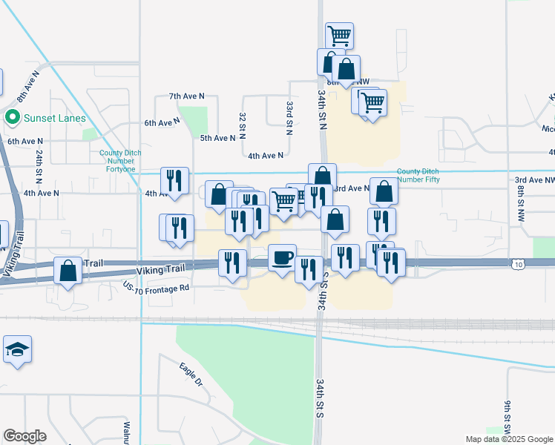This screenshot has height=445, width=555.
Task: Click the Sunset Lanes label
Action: point(55,118)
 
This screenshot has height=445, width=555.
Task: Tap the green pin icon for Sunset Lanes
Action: point(12,118)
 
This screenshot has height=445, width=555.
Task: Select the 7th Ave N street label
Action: point(186,96)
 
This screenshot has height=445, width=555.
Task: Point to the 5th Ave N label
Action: point(217,138)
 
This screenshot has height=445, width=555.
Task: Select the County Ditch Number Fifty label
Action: point(424,175)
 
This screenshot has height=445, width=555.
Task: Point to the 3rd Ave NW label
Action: point(534,180)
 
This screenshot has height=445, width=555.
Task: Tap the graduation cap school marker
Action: point(16,349)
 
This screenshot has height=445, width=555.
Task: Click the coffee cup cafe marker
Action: point(281,257)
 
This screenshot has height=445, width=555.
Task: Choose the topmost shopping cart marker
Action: point(339,34)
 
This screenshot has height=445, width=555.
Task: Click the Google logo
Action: point(25,436)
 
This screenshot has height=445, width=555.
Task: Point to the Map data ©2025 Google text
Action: point(508,439)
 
